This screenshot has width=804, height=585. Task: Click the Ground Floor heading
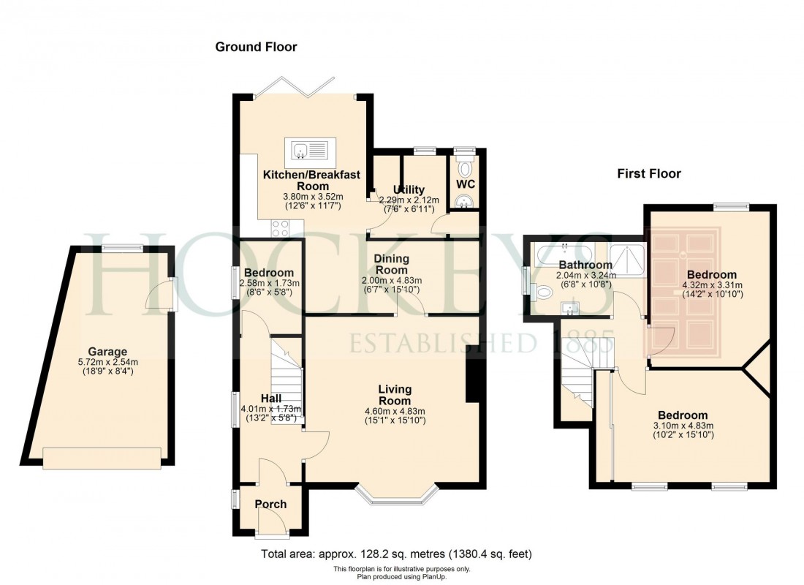256,48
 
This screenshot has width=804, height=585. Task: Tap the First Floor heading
648,174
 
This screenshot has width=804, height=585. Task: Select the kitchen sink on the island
311,150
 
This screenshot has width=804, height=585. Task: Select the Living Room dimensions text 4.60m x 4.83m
395,410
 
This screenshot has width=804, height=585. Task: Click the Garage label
108,351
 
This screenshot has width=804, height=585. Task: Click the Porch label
270,504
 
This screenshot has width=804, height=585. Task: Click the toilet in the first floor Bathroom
544,292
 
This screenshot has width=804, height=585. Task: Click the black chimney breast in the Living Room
473,374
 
